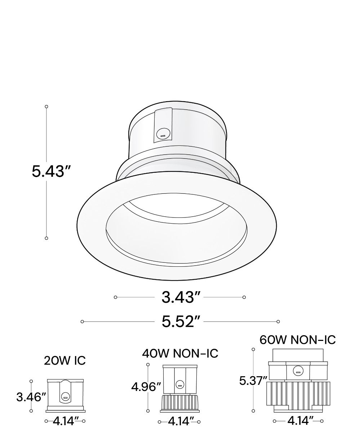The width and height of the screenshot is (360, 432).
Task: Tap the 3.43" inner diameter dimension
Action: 181,297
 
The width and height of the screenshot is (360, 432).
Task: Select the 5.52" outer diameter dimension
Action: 181,321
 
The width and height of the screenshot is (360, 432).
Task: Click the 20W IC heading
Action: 65,360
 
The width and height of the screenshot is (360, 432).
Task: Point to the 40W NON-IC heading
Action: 180,353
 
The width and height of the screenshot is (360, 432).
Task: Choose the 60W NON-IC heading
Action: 297,340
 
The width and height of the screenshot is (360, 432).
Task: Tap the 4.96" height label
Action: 146,387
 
